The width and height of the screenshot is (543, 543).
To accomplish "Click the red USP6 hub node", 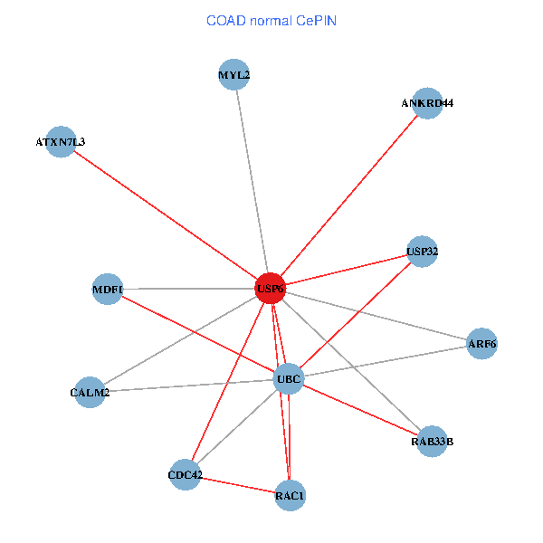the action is [270, 289].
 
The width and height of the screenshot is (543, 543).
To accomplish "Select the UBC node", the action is [289, 378].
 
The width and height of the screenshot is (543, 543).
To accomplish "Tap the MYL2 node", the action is [234, 74].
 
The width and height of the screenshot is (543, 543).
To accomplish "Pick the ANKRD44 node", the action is [426, 103].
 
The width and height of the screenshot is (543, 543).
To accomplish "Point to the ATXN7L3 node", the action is [61, 141].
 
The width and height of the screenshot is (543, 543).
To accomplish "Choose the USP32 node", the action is [423, 251].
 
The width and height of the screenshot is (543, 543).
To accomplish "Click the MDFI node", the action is [108, 290].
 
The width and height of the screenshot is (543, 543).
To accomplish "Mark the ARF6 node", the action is [481, 344].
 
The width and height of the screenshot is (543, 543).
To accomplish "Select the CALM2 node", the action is [90, 392].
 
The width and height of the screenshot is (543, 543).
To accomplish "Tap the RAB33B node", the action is [432, 442].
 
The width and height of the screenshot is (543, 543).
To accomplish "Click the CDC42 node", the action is [186, 475].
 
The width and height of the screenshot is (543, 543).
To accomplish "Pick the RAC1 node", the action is [290, 495].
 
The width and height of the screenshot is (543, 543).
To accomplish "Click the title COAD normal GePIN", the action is [271, 20].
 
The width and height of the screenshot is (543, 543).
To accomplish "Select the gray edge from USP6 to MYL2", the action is [252, 181].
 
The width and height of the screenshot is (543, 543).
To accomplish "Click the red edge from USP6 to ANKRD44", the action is [348, 195].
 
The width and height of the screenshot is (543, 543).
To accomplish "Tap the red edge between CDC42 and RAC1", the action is [237, 485].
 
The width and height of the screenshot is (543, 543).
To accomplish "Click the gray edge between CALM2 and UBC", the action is [189, 386].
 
